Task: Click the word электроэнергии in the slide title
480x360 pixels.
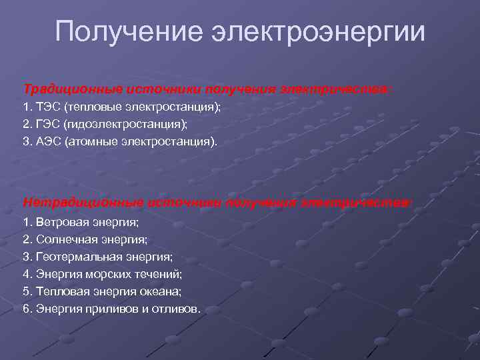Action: coord(318,31)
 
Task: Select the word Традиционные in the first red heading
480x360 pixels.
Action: coord(65,89)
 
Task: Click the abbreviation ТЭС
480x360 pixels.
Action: coord(46,107)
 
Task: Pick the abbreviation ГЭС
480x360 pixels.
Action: coord(46,124)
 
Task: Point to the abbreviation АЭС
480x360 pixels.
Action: coord(46,141)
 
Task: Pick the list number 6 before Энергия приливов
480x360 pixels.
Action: coord(25,309)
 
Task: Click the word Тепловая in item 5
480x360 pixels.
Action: coord(56,291)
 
